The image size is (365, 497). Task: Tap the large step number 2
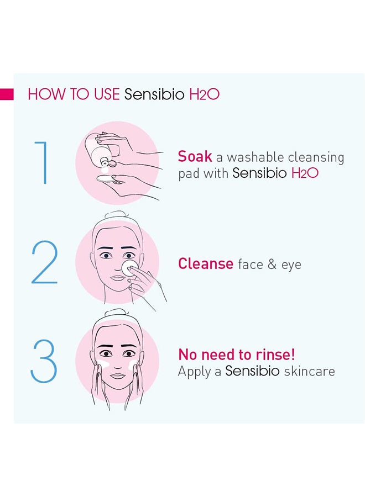[44, 263]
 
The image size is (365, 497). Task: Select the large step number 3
[44, 361]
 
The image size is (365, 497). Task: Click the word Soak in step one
[195, 156]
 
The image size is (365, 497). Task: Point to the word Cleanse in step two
[205, 264]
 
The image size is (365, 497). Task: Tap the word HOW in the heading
[43, 94]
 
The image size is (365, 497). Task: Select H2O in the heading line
[204, 94]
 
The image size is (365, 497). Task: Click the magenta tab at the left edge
[7, 94]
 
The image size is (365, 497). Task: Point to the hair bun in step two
[116, 215]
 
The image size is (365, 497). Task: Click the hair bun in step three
[116, 314]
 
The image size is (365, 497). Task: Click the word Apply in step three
[194, 372]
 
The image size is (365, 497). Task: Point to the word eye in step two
[291, 266]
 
